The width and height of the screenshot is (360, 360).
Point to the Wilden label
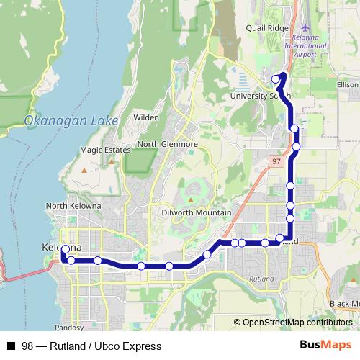click(x=146, y=117)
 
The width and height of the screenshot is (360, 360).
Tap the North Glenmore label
click(x=167, y=144)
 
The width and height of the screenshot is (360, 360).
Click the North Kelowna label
click(x=73, y=206)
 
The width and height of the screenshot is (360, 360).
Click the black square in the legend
click(x=11, y=346)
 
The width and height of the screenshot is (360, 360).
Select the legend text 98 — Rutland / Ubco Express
click(x=91, y=346)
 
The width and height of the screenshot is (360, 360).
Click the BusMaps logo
click(x=325, y=346)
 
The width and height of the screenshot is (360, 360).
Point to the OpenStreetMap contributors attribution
click(x=296, y=323)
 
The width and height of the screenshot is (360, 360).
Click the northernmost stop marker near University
click(x=276, y=78)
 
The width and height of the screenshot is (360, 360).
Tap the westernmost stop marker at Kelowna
click(x=65, y=250)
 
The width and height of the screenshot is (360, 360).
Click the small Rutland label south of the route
click(x=261, y=277)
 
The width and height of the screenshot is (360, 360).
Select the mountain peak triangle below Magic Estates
click(x=85, y=171)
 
